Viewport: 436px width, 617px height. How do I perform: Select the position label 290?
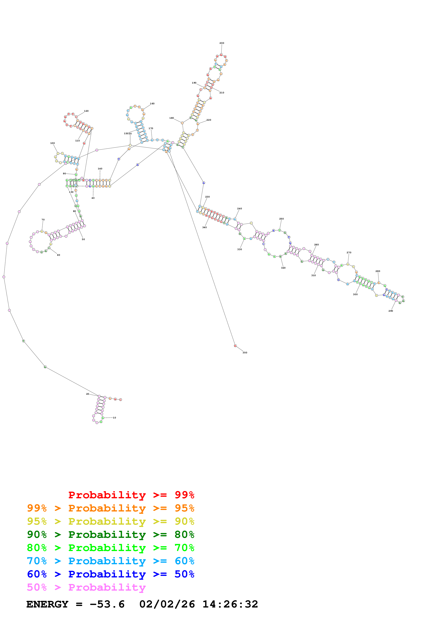(x=391, y=311)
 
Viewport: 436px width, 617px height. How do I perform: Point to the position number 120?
(x=86, y=111)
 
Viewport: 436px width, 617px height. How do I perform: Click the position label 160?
(x=152, y=103)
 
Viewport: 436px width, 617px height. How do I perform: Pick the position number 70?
(x=43, y=220)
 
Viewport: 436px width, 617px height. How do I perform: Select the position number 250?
(x=282, y=219)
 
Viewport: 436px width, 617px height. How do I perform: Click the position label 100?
(x=52, y=143)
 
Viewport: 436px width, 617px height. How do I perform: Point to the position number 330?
(x=240, y=249)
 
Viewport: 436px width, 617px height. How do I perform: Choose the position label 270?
(x=349, y=253)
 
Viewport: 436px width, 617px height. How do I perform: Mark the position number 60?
(x=59, y=255)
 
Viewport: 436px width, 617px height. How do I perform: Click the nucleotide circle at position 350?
(x=235, y=346)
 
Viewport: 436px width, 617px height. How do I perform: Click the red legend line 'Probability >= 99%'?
(x=131, y=495)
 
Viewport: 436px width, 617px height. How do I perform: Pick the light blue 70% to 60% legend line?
(x=110, y=561)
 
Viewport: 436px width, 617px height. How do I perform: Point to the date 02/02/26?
(x=167, y=604)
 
